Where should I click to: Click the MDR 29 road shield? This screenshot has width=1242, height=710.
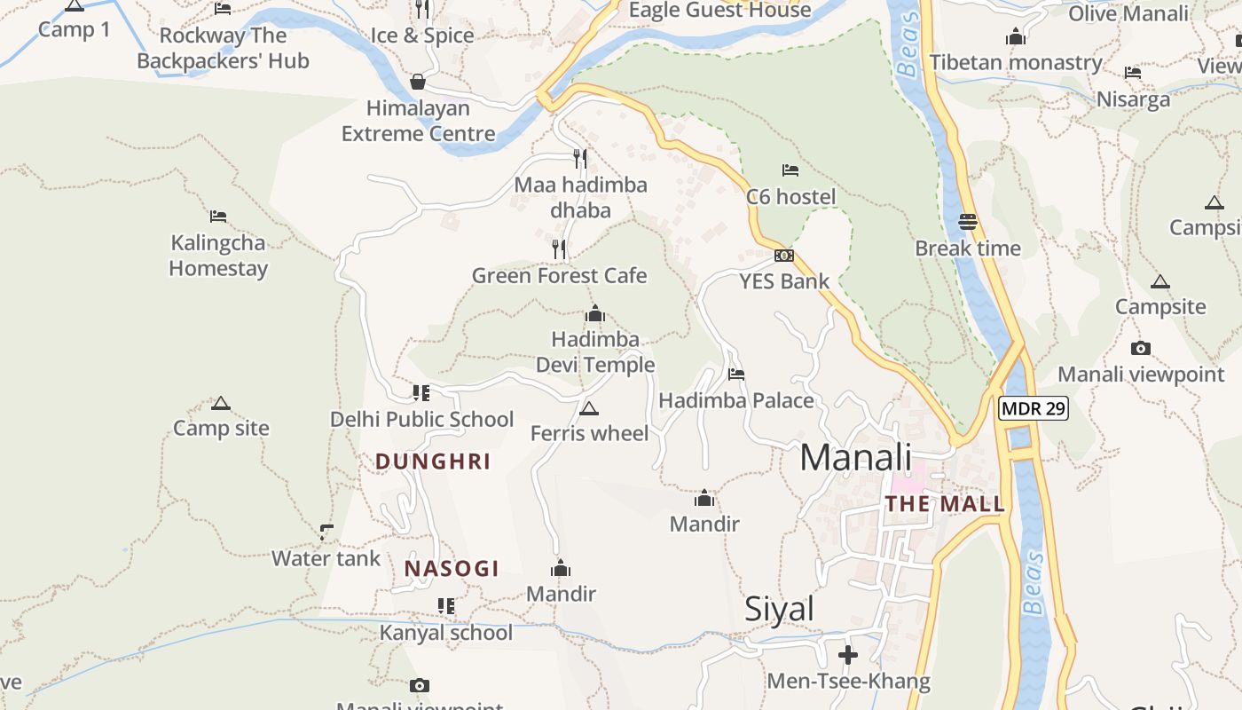point(1034,408)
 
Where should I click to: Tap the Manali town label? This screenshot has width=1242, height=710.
point(855,458)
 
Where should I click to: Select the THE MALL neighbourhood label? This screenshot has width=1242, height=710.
point(945,504)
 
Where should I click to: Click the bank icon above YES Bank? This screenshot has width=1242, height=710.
point(784,256)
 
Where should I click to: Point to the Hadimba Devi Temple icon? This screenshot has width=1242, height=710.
point(595,313)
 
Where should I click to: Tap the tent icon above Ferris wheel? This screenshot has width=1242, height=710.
point(588,408)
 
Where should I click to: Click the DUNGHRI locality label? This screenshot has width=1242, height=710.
point(433,461)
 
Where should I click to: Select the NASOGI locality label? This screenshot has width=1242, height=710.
point(452,569)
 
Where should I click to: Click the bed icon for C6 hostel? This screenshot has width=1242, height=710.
point(790,170)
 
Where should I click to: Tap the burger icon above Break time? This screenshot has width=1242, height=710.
point(968,222)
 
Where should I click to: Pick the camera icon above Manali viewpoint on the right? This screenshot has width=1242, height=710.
point(1141,349)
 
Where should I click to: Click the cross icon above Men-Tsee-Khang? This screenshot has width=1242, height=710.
point(848,656)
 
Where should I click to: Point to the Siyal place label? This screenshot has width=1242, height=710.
point(779,609)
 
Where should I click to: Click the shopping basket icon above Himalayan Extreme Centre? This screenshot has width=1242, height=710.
point(418,83)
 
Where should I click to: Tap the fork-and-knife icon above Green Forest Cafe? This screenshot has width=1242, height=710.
point(559,249)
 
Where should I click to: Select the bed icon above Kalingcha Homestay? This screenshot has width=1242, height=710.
point(218,217)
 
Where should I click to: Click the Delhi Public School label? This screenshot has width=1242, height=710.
point(421,419)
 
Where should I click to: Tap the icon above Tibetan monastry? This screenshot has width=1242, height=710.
point(1016,37)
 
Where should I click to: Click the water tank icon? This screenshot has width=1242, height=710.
point(326,532)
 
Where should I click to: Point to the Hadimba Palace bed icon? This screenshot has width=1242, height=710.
point(736,375)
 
